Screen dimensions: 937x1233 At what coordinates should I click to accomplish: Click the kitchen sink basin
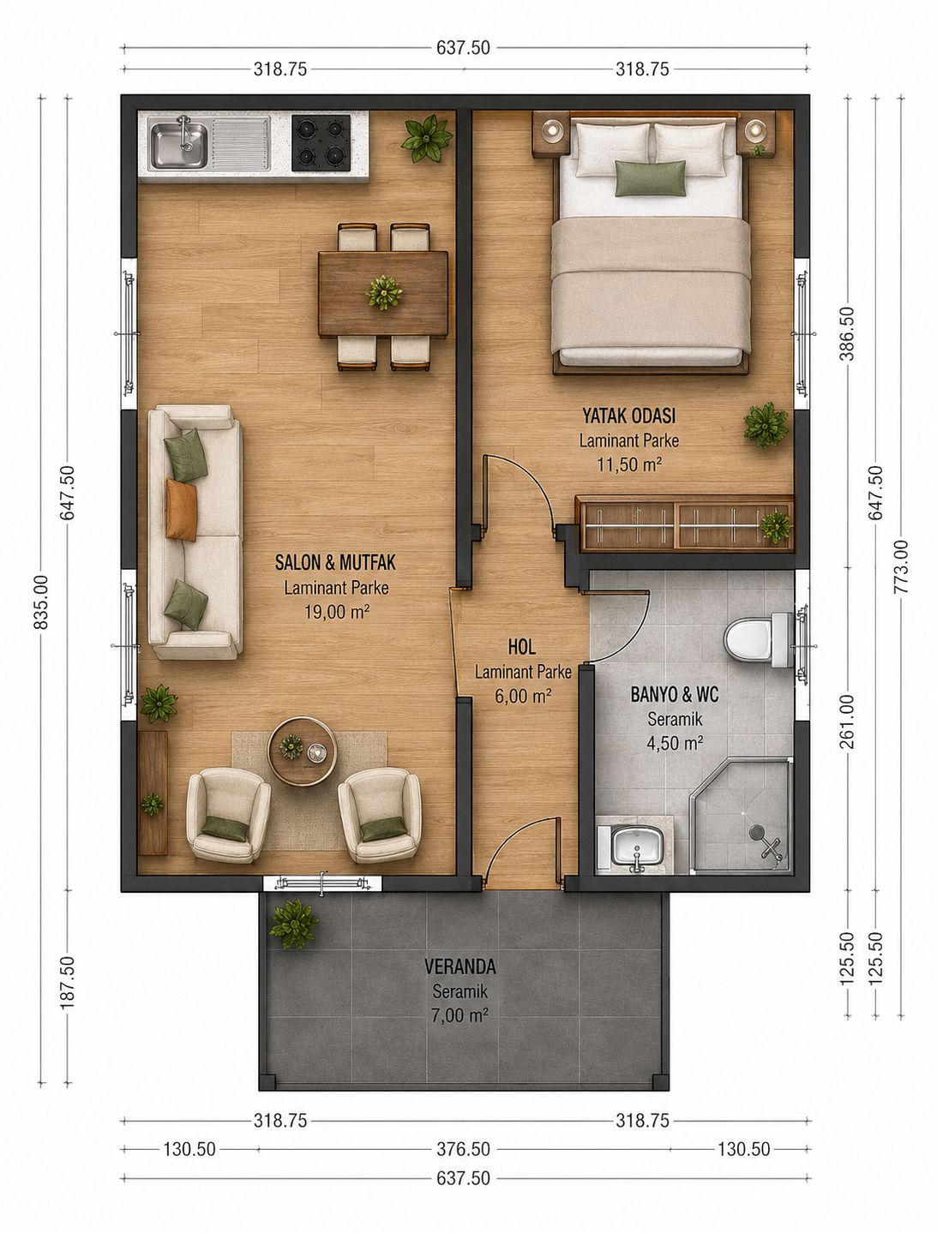179,143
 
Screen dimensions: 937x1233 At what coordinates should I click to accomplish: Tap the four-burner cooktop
321,143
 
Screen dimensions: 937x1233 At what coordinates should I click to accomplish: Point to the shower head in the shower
757,830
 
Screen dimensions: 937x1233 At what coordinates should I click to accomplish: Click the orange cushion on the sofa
182,510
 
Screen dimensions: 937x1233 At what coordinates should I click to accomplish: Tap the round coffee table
303,751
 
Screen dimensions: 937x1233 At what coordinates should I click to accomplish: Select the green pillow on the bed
651,178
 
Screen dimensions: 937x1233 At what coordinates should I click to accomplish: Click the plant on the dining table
384,292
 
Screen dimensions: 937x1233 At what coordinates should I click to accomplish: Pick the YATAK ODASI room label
628,416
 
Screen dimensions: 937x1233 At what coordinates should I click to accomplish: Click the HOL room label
522,647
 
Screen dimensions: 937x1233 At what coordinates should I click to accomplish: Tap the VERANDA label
460,967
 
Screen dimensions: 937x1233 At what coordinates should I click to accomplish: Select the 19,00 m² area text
337,612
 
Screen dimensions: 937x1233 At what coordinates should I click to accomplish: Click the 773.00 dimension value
900,566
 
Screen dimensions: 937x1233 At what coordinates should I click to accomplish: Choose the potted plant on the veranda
294,925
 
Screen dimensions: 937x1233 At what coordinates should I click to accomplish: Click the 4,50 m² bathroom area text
675,744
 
